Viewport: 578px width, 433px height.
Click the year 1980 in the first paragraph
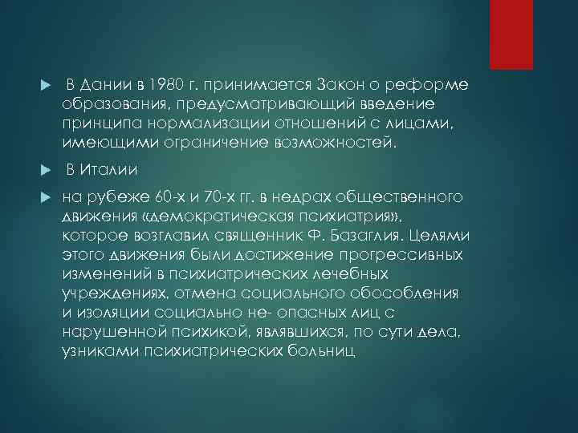point(164,86)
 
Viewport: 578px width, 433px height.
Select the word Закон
point(304,86)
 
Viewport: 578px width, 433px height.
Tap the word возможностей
point(306,144)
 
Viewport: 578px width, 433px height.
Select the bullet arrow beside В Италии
point(45,170)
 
